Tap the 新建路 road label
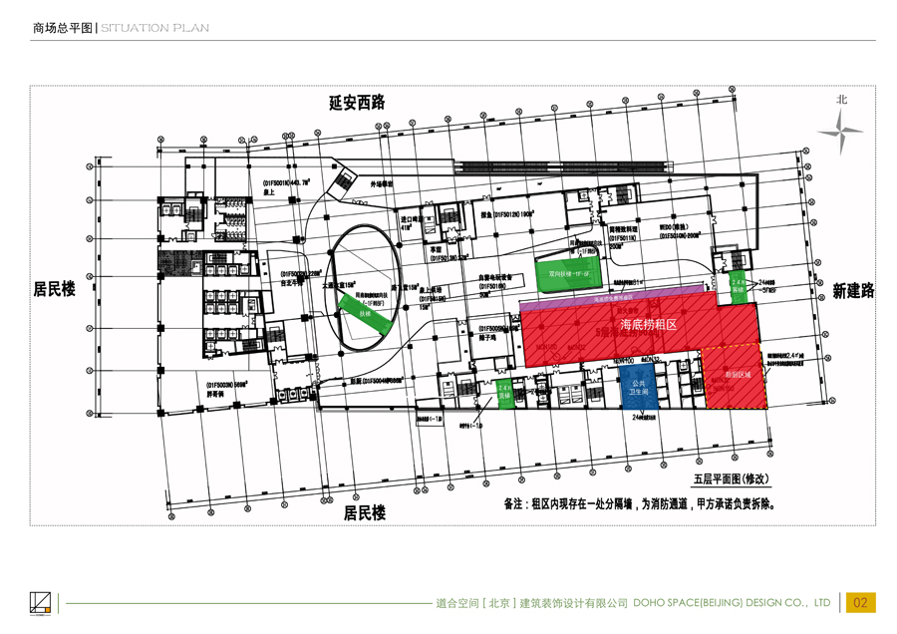[x=853, y=290]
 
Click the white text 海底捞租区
[x=649, y=325]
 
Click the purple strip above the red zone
[x=618, y=296]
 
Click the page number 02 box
[x=859, y=602]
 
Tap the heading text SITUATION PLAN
[x=154, y=28]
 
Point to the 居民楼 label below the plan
[x=365, y=513]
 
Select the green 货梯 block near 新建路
[x=738, y=285]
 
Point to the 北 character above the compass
[x=842, y=100]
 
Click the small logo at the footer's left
[x=40, y=602]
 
